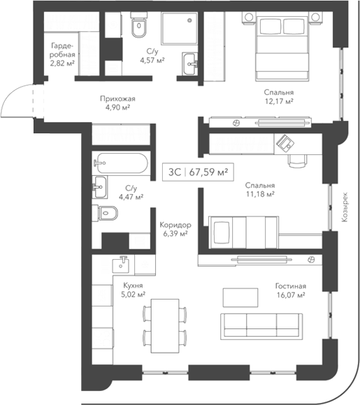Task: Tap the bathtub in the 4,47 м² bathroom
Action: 120,165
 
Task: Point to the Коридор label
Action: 175,225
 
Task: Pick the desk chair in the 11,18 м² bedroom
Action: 297,160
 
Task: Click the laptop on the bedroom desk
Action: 285,143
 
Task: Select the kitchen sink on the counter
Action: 122,264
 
